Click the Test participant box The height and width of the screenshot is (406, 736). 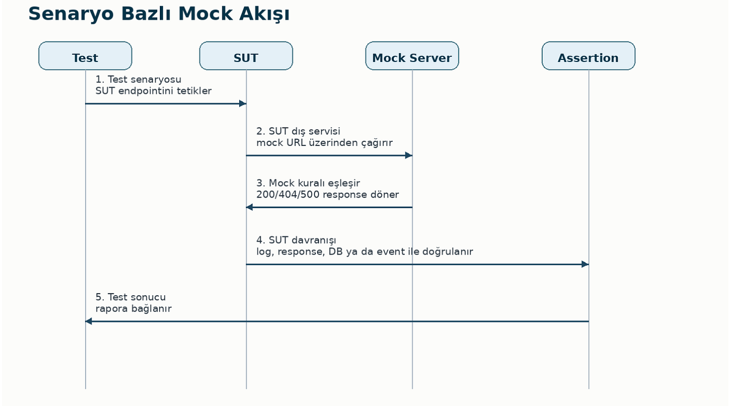coord(85,56)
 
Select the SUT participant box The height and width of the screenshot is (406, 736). coord(246,56)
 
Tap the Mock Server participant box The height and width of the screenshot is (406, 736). coord(412,56)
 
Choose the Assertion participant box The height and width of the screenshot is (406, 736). coord(588,56)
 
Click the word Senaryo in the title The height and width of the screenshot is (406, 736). coord(71,14)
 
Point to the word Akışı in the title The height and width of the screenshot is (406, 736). coord(264,14)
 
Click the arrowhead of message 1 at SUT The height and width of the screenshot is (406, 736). coord(243,103)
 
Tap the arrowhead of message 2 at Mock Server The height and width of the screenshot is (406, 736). coord(409,155)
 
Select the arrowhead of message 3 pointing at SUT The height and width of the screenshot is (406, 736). coord(249,207)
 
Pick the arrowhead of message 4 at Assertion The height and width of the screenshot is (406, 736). coord(585,264)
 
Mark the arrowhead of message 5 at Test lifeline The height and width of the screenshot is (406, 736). coord(88,321)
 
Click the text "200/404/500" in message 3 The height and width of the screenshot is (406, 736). coord(288,195)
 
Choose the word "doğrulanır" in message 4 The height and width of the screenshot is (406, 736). coord(447,252)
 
